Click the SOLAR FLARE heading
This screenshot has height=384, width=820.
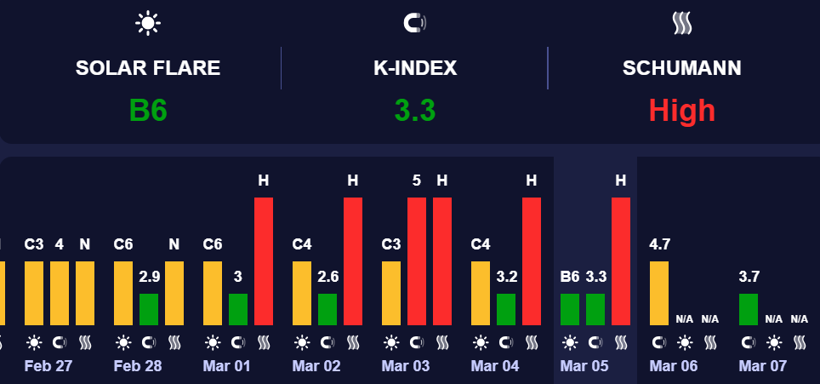(148, 69)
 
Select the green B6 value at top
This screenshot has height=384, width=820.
(148, 111)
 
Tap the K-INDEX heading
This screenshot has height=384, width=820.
(415, 69)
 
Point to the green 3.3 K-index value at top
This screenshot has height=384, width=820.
(415, 111)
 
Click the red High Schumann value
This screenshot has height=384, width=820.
(681, 111)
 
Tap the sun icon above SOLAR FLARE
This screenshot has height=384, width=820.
(148, 23)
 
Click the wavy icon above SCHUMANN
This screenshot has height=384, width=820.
(681, 23)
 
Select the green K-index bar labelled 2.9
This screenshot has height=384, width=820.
(149, 309)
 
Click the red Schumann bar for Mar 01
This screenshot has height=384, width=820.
(264, 261)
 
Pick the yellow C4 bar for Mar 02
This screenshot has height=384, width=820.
(302, 293)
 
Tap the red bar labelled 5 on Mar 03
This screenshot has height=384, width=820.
(417, 261)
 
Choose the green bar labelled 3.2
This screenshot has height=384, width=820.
(506, 309)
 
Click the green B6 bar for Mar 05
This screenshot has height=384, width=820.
(570, 309)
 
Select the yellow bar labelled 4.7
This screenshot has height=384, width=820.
(659, 293)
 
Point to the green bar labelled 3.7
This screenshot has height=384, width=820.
(749, 309)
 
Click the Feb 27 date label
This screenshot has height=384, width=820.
(48, 366)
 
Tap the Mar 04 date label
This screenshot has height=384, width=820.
(495, 366)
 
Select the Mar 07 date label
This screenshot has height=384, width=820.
(763, 366)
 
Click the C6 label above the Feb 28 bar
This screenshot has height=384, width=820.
(123, 245)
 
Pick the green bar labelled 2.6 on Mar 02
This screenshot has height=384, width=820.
(327, 309)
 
